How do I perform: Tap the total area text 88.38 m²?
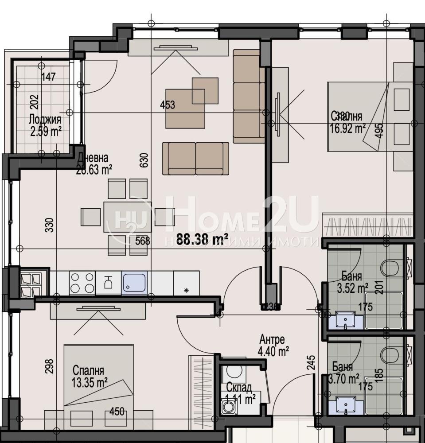202,240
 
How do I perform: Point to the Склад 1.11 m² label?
240,393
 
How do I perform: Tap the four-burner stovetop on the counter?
82,283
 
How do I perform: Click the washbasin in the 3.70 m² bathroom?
346,404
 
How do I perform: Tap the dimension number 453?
168,105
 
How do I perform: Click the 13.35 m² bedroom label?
89,376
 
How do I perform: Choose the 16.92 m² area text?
348,128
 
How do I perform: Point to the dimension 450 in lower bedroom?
117,412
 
